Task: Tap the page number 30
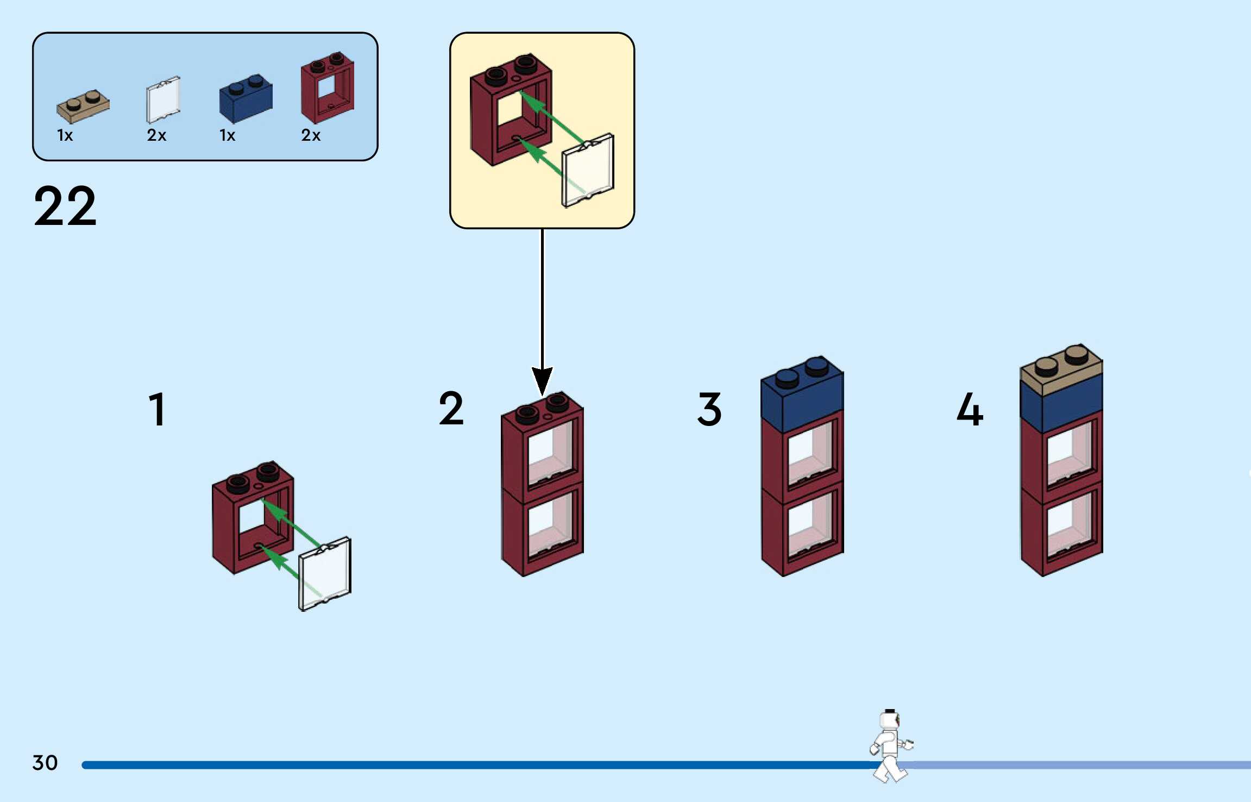45,763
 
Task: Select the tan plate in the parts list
83,106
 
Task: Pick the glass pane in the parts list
163,100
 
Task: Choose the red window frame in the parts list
328,88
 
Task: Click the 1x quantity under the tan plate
65,135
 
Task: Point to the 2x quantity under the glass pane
156,135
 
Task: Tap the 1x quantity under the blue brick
228,135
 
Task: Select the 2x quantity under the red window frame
311,135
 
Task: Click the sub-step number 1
158,409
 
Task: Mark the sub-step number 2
451,408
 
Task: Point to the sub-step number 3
709,409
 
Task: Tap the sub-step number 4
970,409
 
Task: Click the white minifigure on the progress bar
891,746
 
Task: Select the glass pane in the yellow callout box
588,171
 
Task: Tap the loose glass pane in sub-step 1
325,574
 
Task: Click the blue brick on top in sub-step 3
802,394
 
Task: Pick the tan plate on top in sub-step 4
1062,369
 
